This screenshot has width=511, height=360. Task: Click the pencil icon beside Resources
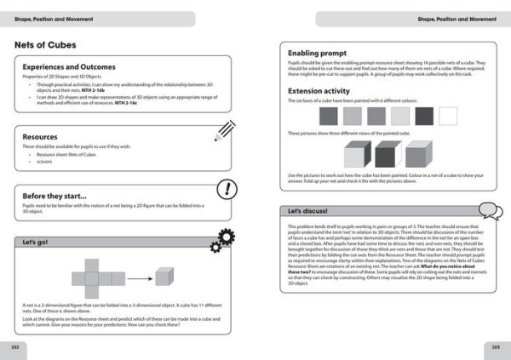pyautogui.click(x=224, y=129)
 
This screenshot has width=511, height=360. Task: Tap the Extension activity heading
pyautogui.click(x=322, y=89)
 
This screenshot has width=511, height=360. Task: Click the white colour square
pyautogui.click(x=446, y=117)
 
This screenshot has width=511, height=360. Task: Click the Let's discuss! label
pyautogui.click(x=307, y=209)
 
